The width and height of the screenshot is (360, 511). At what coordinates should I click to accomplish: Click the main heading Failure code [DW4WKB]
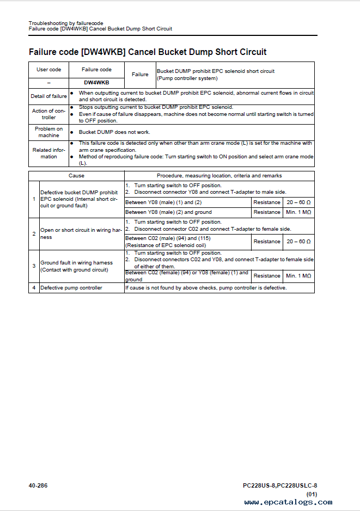point(148,52)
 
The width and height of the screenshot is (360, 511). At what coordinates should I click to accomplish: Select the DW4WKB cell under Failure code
point(96,83)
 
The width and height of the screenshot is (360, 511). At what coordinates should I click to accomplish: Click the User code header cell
point(49,70)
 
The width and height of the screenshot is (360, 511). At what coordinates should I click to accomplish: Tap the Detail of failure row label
point(49,96)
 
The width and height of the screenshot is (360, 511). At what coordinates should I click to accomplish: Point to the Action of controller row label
point(49,114)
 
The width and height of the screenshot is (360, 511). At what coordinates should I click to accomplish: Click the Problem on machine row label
point(49,132)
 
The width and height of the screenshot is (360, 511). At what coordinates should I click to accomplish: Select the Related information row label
point(49,153)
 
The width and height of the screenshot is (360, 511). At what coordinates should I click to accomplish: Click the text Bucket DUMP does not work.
point(114,132)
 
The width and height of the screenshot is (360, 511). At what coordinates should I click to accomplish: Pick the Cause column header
point(76,176)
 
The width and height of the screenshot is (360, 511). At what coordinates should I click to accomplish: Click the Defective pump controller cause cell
point(71,288)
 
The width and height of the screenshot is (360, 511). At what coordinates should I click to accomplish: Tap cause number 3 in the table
point(34,266)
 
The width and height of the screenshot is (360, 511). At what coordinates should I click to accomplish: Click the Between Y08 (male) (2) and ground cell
point(168,212)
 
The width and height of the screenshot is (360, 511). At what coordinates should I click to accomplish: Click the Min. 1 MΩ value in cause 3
point(298,276)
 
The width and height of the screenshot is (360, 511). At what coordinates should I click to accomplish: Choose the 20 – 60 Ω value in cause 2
point(298,242)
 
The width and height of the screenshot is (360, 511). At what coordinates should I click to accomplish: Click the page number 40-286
point(38,485)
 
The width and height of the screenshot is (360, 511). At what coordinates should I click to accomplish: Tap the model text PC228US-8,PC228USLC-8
point(280,485)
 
